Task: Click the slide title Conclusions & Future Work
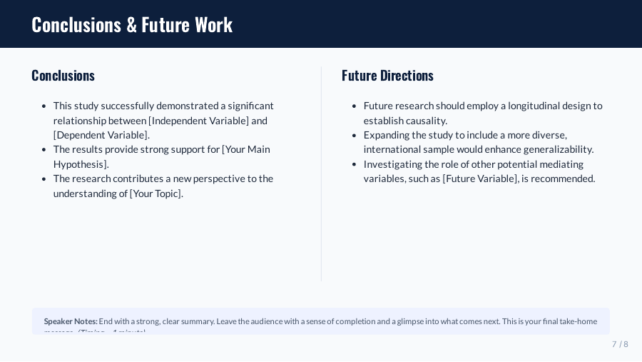click(x=132, y=24)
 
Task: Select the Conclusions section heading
click(x=63, y=76)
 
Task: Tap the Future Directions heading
click(x=387, y=76)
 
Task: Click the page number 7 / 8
click(x=620, y=344)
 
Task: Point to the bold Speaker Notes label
click(x=71, y=321)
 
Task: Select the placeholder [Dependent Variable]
click(x=101, y=135)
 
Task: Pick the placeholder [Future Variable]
click(x=480, y=179)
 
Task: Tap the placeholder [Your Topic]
click(x=156, y=193)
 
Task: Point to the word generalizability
click(x=550, y=149)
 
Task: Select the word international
click(x=394, y=149)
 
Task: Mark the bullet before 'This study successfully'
click(x=45, y=106)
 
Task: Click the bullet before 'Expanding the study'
click(x=355, y=135)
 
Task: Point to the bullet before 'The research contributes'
click(x=45, y=179)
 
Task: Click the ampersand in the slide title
click(x=131, y=24)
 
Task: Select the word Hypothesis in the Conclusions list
click(x=79, y=164)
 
